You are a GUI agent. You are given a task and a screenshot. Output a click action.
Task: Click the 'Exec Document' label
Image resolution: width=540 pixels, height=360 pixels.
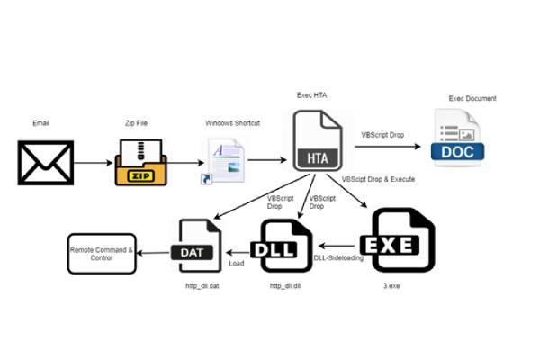pos(472,98)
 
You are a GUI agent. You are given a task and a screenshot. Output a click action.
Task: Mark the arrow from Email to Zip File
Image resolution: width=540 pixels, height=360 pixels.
pos(93,163)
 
